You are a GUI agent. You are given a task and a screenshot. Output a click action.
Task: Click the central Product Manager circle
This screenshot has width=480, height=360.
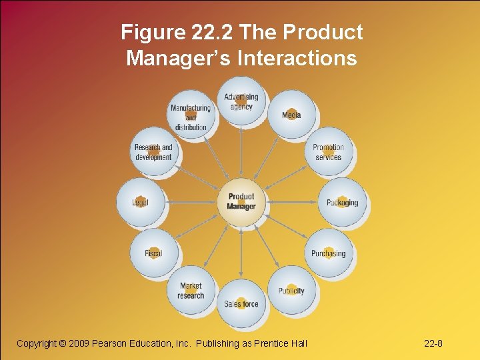pyautogui.click(x=241, y=201)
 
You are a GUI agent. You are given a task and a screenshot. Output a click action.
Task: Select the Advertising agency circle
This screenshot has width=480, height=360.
pyautogui.click(x=241, y=102)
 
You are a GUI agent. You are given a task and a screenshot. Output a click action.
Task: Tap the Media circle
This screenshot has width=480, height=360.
pyautogui.click(x=291, y=115)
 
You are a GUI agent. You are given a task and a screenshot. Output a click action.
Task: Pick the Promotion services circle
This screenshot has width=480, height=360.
pyautogui.click(x=328, y=152)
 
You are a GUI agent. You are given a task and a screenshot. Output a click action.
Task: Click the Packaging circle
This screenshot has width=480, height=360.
pyautogui.click(x=342, y=203)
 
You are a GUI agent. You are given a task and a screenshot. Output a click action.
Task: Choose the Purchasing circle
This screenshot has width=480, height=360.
pyautogui.click(x=328, y=253)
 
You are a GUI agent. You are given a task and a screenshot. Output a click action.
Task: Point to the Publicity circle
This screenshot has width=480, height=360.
pyautogui.click(x=291, y=291)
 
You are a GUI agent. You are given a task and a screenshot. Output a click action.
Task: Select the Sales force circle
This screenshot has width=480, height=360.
pyautogui.click(x=241, y=304)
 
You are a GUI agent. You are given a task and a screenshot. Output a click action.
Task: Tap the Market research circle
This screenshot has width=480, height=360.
pyautogui.click(x=191, y=291)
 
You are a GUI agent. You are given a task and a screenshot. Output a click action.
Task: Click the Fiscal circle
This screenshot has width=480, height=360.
pyautogui.click(x=153, y=253)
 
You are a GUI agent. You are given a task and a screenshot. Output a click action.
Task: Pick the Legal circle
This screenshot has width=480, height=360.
pyautogui.click(x=140, y=203)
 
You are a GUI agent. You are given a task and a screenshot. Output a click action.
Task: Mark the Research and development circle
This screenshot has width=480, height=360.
pyautogui.click(x=153, y=152)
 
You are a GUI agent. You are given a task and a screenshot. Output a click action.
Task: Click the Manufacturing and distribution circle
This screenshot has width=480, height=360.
pyautogui.click(x=191, y=115)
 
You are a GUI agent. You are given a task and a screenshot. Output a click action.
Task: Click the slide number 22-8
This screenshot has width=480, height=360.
pyautogui.click(x=433, y=343)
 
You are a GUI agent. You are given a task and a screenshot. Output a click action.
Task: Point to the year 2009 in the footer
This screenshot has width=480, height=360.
pyautogui.click(x=79, y=343)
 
